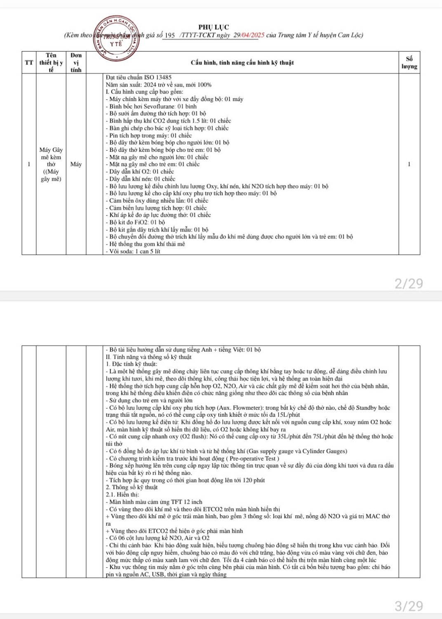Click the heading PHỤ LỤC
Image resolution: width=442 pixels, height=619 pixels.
pyautogui.click(x=214, y=27)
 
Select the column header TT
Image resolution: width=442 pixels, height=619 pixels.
pyautogui.click(x=29, y=63)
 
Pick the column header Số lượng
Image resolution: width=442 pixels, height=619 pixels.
pyautogui.click(x=409, y=63)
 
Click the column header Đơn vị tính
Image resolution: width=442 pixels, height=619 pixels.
pyautogui.click(x=76, y=63)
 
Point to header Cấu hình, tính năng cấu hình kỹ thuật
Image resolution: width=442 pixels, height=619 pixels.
pyautogui.click(x=242, y=63)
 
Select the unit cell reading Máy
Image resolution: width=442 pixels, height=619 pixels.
pyautogui.click(x=76, y=164)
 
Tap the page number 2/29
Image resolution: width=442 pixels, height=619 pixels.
pyautogui.click(x=409, y=284)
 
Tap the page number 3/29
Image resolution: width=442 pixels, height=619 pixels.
pyautogui.click(x=409, y=606)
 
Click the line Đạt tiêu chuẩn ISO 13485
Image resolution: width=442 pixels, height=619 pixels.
pyautogui.click(x=139, y=77)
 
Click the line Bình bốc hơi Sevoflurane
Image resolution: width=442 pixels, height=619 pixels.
pyautogui.click(x=153, y=106)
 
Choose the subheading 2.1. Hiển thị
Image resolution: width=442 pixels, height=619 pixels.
pyautogui.click(x=122, y=494)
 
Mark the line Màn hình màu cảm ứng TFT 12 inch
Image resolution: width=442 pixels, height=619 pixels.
pyautogui.click(x=155, y=502)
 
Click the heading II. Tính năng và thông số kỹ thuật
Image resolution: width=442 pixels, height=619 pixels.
pyautogui.click(x=148, y=357)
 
